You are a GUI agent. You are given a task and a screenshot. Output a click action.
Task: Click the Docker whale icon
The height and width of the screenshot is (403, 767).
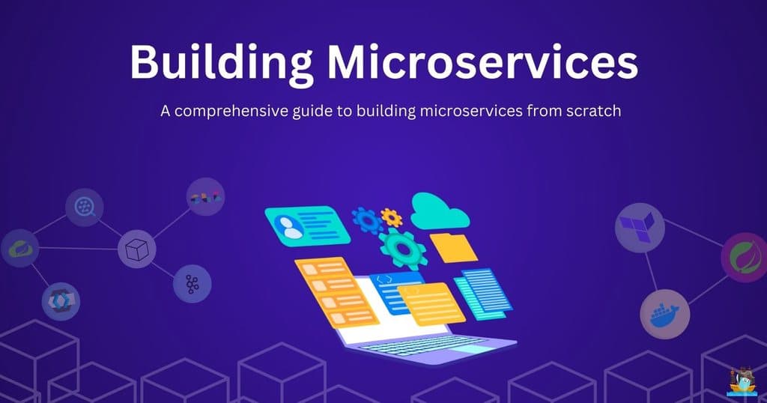pyautogui.click(x=664, y=314)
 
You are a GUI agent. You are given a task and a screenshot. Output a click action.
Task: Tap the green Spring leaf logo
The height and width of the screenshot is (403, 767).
pyautogui.click(x=743, y=258)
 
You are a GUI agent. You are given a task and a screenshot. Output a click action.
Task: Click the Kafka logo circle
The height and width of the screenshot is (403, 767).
pyautogui.click(x=192, y=284)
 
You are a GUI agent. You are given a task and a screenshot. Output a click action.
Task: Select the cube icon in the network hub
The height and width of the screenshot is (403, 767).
pyautogui.click(x=137, y=249)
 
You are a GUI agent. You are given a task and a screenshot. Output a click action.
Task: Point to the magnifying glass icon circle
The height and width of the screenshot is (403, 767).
pyautogui.click(x=84, y=207)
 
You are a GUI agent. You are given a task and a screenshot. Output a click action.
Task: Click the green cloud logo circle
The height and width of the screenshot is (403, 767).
pyautogui.click(x=20, y=249)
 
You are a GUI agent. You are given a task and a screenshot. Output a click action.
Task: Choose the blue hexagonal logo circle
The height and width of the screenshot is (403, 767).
pyautogui.click(x=61, y=301)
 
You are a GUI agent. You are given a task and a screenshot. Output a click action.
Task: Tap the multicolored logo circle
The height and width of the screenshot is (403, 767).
pyautogui.click(x=204, y=197)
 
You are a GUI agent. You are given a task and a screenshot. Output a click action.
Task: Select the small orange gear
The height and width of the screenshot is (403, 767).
pyautogui.click(x=391, y=218)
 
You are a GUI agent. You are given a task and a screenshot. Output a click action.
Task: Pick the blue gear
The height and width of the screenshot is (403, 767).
pyautogui.click(x=367, y=220)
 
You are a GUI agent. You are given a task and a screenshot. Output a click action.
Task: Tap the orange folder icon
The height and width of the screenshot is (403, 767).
pyautogui.click(x=453, y=247)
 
